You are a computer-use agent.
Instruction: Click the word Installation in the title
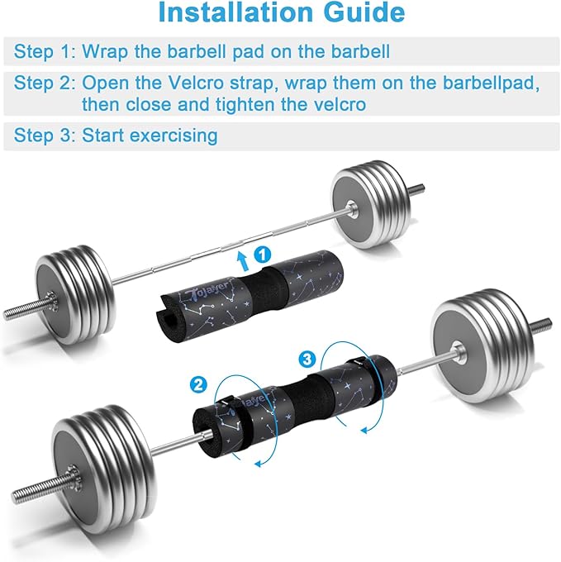[235, 12]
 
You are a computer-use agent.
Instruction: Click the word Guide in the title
[364, 12]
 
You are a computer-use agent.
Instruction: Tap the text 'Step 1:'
[45, 51]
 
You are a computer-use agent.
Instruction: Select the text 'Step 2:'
[45, 83]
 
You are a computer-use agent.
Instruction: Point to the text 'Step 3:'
[45, 136]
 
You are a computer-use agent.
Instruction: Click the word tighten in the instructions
[245, 105]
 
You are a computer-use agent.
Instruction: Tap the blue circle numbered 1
[263, 255]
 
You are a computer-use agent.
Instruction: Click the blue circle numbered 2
[198, 385]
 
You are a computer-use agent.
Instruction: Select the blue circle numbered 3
[307, 359]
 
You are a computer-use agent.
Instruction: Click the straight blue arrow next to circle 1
[243, 260]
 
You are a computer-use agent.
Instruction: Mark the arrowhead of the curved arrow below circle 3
[364, 430]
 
